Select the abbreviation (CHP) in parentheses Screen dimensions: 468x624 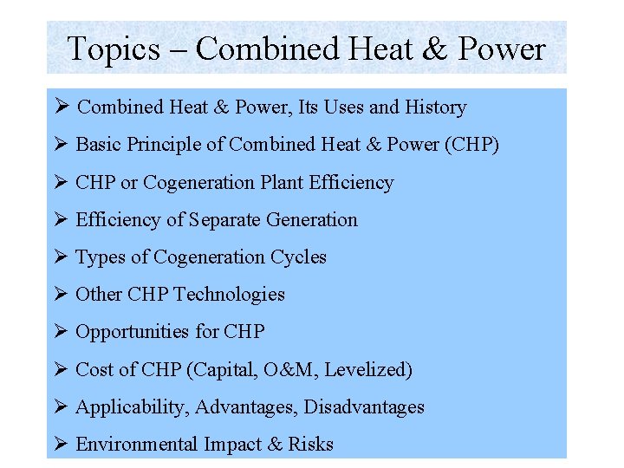471,145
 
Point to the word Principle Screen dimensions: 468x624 166,145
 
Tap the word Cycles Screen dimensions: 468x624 299,257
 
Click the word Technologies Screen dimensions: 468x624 229,295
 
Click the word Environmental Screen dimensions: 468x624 137,445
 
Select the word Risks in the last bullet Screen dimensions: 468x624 312,445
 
